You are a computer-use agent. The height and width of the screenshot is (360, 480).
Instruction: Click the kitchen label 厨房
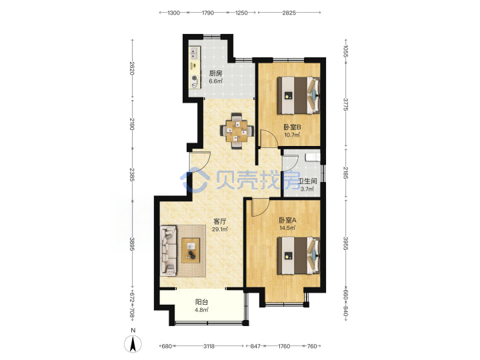click(215, 73)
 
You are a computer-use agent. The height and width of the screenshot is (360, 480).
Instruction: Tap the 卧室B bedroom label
click(292, 127)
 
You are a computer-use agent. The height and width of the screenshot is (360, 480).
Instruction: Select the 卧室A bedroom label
click(287, 220)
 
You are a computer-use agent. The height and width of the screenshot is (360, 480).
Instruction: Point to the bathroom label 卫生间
click(307, 181)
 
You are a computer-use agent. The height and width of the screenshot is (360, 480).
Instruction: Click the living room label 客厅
click(219, 221)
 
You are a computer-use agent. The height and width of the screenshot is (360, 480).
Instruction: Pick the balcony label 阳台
click(201, 302)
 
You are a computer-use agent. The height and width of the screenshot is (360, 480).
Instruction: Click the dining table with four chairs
click(237, 131)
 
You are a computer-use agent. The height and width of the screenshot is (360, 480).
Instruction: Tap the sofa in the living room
click(169, 249)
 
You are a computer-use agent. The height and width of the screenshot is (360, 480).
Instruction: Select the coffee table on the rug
click(191, 250)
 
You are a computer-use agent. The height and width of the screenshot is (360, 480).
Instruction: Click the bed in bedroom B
click(299, 95)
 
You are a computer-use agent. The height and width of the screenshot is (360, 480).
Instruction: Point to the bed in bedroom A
click(299, 255)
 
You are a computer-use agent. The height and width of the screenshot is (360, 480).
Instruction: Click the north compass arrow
click(133, 343)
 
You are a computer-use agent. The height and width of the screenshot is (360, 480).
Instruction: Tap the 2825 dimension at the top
click(289, 13)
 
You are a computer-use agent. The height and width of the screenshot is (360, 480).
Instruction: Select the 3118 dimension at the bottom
click(209, 346)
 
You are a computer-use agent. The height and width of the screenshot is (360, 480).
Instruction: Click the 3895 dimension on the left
click(132, 244)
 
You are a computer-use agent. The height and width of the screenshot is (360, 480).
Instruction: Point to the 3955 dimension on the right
click(345, 243)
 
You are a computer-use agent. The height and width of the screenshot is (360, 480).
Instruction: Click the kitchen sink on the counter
click(194, 53)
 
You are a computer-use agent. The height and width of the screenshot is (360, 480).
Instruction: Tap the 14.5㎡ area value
click(287, 228)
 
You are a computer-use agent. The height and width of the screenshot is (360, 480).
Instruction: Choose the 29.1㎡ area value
click(220, 229)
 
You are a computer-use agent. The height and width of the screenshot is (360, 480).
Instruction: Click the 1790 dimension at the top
click(207, 13)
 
